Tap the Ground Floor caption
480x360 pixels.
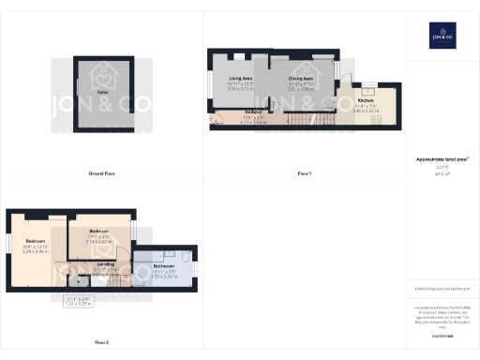point(101,174)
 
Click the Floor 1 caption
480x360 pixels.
point(304,174)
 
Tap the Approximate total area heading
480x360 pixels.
point(442,159)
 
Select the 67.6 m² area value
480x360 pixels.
point(442,174)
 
